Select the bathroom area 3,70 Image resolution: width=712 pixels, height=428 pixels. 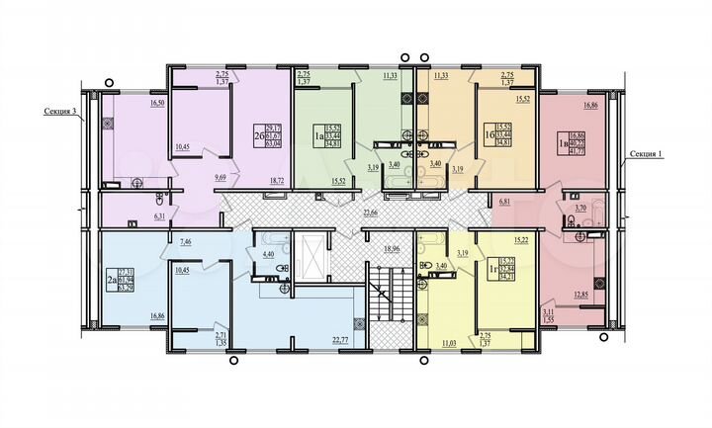coord(580,210)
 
